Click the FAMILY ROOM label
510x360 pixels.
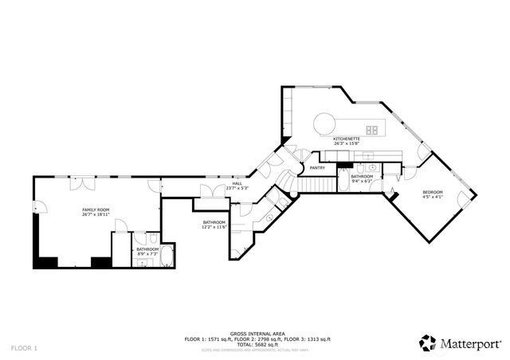[x=96, y=209]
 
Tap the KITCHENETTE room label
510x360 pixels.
[x=347, y=139]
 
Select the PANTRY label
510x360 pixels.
[x=317, y=168]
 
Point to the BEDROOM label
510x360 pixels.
[x=433, y=193]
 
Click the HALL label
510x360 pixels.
[x=237, y=183]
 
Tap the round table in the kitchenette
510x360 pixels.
[x=324, y=123]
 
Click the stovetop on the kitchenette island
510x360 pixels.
[x=372, y=130]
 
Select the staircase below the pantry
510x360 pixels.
[x=317, y=185]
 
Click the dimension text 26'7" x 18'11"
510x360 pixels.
[x=96, y=215]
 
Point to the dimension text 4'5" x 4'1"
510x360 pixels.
[x=433, y=198]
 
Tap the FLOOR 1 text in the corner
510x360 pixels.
[x=24, y=348]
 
